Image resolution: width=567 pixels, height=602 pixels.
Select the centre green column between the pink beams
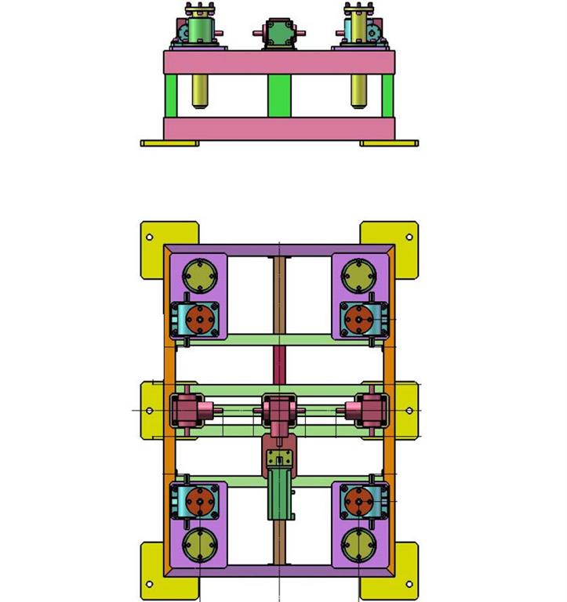279,95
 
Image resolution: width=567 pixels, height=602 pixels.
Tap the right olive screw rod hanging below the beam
358,90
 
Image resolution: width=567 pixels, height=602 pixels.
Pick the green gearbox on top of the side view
278,34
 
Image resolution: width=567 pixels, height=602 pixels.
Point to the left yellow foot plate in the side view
169,143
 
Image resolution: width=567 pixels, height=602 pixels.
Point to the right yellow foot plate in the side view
389,143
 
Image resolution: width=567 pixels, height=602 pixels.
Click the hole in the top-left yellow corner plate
149,237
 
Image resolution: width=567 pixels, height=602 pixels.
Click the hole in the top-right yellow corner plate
409,237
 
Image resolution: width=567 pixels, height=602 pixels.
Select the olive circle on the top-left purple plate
199,277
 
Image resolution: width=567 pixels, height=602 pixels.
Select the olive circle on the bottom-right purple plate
358,542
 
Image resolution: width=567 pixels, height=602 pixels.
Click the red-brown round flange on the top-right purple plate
359,319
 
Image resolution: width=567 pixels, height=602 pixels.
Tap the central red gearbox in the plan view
278,410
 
